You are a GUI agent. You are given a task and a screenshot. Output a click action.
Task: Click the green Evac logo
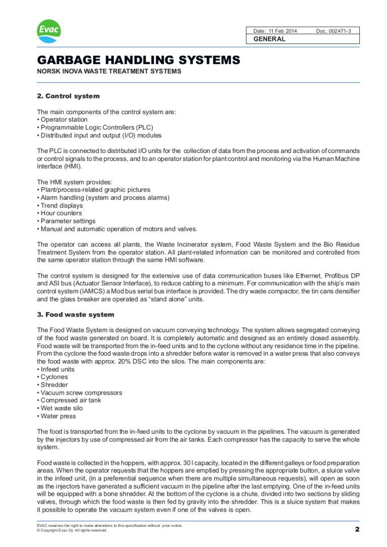coord(49,31)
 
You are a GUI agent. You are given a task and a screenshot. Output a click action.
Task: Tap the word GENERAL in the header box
coord(269,39)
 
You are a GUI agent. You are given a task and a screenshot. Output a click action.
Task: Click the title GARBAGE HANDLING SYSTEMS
coord(139,61)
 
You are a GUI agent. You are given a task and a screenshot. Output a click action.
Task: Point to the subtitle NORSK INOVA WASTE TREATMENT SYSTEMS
coord(109,71)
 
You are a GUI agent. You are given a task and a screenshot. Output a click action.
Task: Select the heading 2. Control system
coord(69,96)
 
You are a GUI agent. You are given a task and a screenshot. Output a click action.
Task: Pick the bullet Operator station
coord(64,120)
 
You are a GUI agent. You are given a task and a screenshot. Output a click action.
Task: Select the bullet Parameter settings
coord(68,221)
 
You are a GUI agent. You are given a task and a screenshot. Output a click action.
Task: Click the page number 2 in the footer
coord(357,529)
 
